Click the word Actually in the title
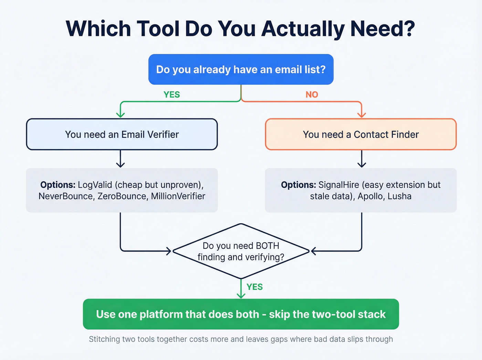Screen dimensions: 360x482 tap(303, 29)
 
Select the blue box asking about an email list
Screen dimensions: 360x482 tap(241, 69)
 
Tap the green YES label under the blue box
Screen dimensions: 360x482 tap(171, 94)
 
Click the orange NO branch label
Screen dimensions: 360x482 tap(312, 94)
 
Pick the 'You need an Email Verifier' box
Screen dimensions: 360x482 tap(122, 134)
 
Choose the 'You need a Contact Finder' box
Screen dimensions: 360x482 tap(360, 134)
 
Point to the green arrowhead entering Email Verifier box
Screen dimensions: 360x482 tap(120, 114)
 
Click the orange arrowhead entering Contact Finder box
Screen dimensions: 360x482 tap(361, 114)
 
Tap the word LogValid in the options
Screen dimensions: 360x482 tap(95, 185)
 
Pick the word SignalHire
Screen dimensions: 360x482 tap(334, 185)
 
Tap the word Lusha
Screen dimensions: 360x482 tap(399, 196)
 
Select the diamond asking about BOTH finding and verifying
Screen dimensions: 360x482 tap(241, 251)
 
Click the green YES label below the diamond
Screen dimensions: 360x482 tap(254, 287)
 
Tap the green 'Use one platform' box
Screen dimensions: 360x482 tap(241, 314)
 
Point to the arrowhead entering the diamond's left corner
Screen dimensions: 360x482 tap(169, 251)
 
